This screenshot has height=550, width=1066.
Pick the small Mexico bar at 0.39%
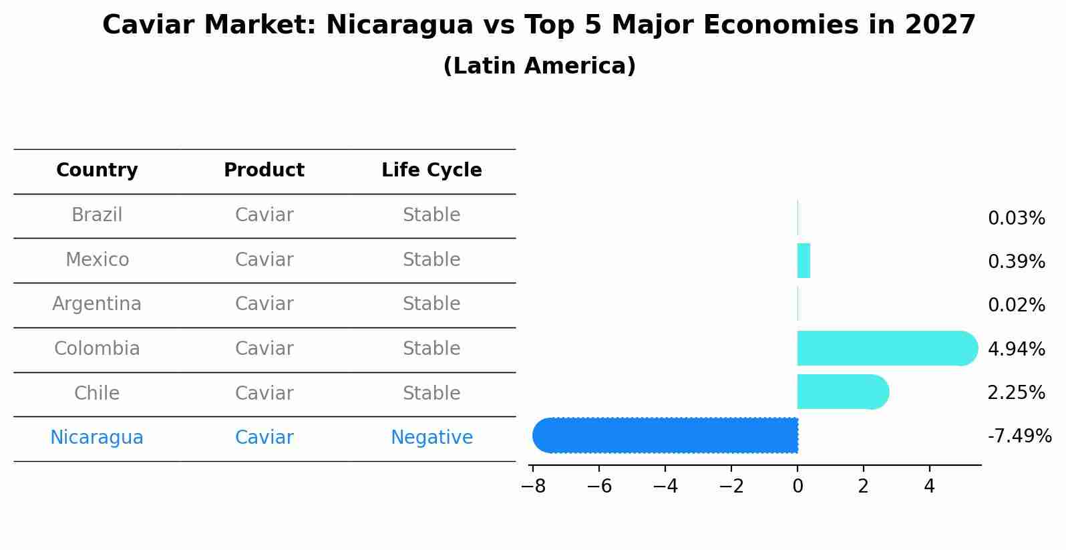pyautogui.click(x=804, y=261)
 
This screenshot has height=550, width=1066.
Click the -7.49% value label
pyautogui.click(x=1019, y=436)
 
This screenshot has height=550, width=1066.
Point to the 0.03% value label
pyautogui.click(x=1016, y=219)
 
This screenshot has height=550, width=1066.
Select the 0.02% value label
pyautogui.click(x=1016, y=305)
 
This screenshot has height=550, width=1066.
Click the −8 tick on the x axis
pyautogui.click(x=533, y=487)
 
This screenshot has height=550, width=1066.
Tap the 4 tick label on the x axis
pyautogui.click(x=929, y=487)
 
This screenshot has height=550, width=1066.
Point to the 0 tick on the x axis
pyautogui.click(x=797, y=487)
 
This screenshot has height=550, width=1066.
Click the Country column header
pyautogui.click(x=97, y=170)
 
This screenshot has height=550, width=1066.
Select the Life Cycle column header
pyautogui.click(x=431, y=170)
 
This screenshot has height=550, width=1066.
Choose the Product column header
pyautogui.click(x=264, y=170)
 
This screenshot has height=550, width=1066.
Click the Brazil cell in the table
pyautogui.click(x=97, y=215)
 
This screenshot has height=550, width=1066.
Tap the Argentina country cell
pyautogui.click(x=97, y=304)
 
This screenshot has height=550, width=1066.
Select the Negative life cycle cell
pyautogui.click(x=431, y=438)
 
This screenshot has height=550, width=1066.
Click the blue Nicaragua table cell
pyautogui.click(x=97, y=438)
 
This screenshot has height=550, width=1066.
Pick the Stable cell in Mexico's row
pyautogui.click(x=431, y=260)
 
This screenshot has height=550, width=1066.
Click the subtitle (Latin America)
pyautogui.click(x=539, y=66)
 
